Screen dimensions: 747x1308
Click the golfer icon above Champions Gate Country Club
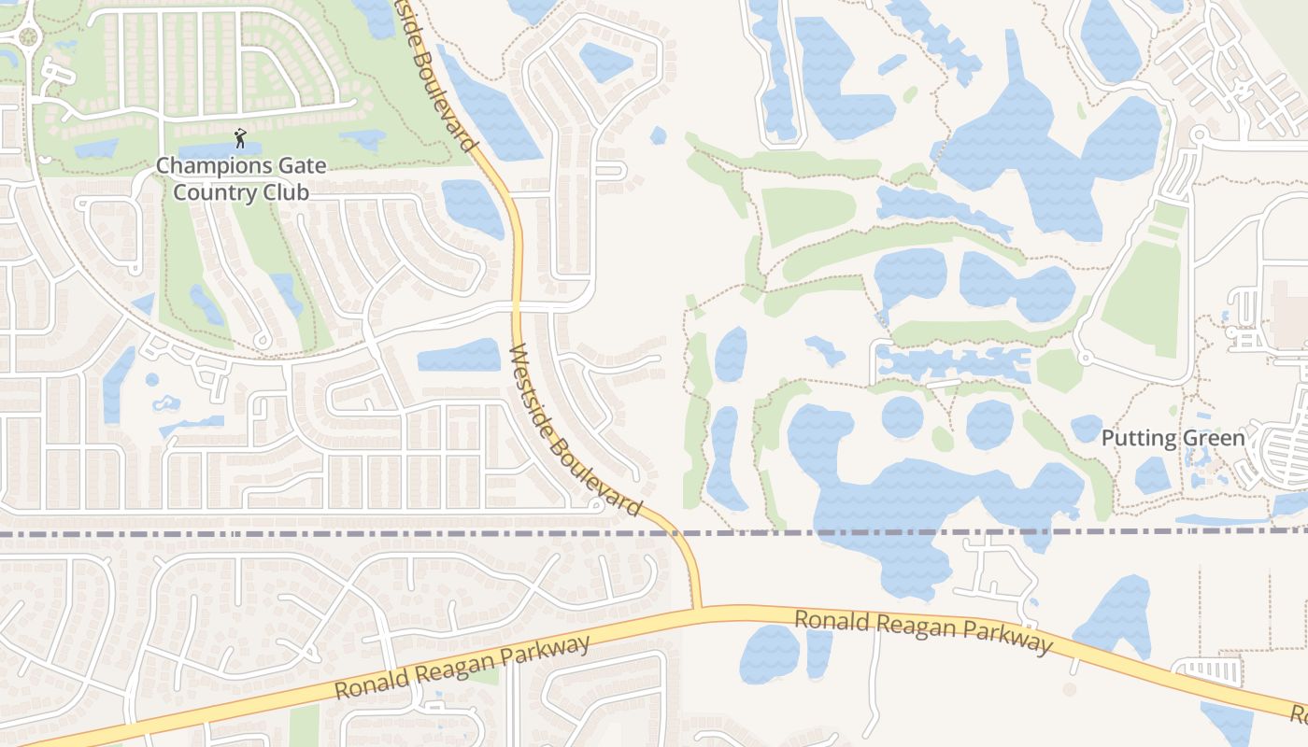240,139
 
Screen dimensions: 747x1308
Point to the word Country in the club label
194,193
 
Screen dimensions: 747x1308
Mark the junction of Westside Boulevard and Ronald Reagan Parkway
697,610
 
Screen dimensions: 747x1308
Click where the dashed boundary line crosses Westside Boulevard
679,533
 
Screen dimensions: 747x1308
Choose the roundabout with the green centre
28,36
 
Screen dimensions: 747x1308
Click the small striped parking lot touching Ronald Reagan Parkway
1208,669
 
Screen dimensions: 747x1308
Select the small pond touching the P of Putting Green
1086,428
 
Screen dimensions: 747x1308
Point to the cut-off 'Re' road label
1300,716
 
